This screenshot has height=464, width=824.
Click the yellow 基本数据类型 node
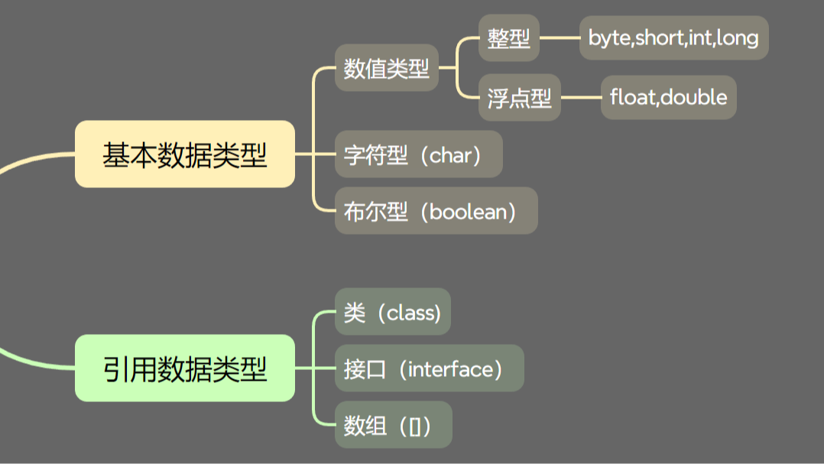click(x=185, y=154)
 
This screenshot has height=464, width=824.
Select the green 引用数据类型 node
click(x=185, y=368)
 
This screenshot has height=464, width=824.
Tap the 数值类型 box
click(x=387, y=68)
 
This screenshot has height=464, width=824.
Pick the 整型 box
click(x=509, y=37)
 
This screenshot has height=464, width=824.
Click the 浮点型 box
click(x=520, y=97)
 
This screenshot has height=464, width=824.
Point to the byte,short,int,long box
click(x=673, y=37)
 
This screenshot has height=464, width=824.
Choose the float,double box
click(x=668, y=97)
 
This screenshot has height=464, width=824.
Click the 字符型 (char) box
click(x=419, y=154)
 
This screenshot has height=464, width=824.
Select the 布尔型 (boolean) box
click(x=436, y=211)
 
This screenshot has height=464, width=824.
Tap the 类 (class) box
click(x=393, y=312)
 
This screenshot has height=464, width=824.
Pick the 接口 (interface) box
click(x=430, y=368)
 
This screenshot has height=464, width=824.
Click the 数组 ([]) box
click(x=393, y=424)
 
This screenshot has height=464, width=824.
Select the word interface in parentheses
click(x=451, y=369)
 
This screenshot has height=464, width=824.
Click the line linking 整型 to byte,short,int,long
click(x=560, y=37)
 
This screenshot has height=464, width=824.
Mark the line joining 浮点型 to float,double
click(x=581, y=97)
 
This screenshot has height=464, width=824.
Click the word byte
click(x=610, y=38)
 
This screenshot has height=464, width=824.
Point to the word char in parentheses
click(x=450, y=155)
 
